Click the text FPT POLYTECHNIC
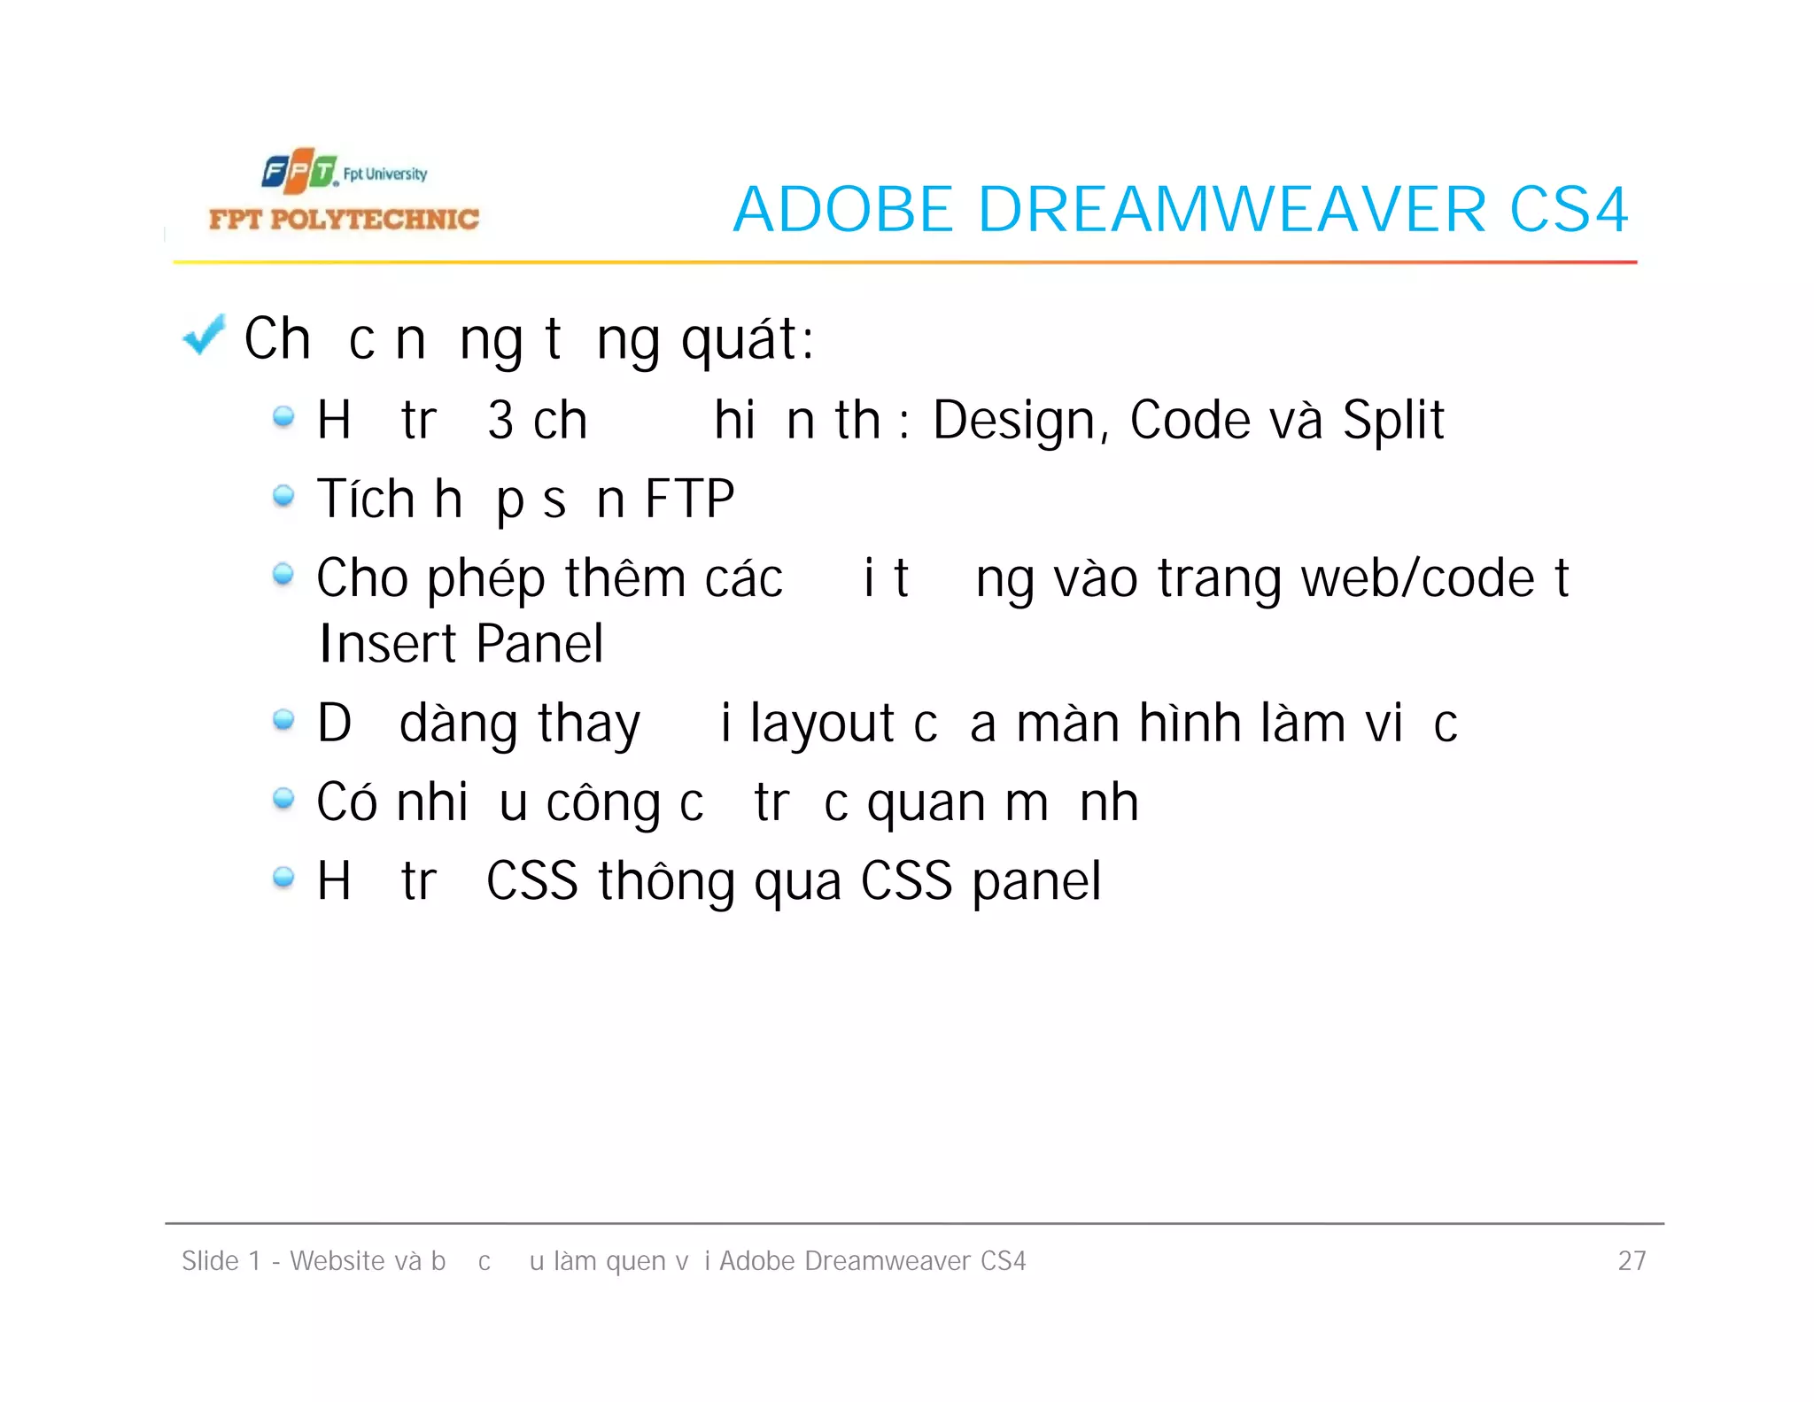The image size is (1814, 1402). click(x=344, y=219)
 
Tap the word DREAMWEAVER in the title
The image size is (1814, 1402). click(x=1232, y=210)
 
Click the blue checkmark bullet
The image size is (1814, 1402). click(x=204, y=336)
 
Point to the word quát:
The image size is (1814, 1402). click(x=747, y=339)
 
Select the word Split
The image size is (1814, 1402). click(x=1392, y=420)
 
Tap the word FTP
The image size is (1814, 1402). click(x=689, y=499)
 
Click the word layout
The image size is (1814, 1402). click(x=822, y=724)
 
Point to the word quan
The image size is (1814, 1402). click(x=926, y=803)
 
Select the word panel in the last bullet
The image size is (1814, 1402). click(x=1036, y=882)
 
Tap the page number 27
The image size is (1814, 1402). click(x=1632, y=1260)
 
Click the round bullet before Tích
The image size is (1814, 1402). click(x=283, y=496)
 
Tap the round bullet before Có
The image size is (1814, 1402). click(x=283, y=799)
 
